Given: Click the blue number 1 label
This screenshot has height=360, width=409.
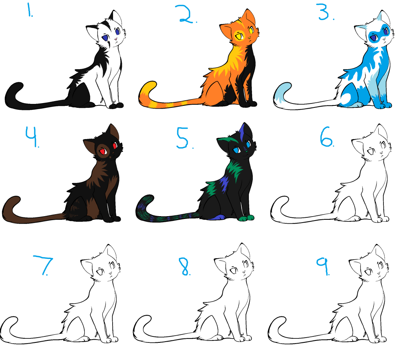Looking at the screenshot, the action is (30, 10).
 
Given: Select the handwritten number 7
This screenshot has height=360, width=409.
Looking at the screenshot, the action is (43, 265).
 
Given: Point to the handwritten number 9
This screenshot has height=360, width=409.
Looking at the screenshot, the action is (323, 266).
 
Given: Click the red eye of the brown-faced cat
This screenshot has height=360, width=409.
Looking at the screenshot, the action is (103, 151).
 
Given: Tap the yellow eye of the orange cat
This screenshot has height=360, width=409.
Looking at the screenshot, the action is (239, 36).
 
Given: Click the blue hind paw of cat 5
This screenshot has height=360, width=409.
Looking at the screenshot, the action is (218, 217).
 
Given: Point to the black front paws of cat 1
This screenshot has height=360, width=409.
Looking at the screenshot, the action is (116, 105).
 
